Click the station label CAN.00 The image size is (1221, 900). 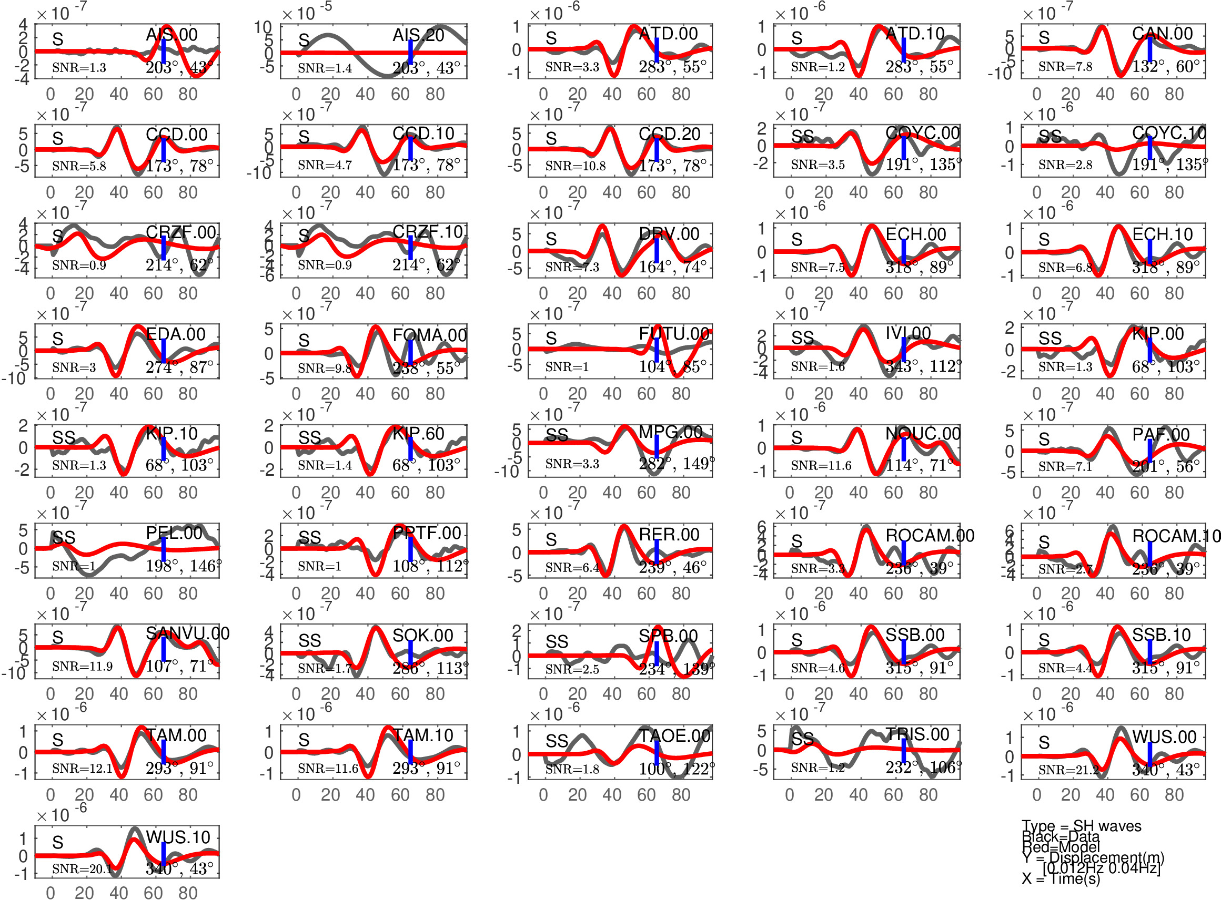(1162, 34)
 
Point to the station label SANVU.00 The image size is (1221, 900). (187, 633)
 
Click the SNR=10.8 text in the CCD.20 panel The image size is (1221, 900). (575, 166)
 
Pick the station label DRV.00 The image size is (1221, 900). (669, 234)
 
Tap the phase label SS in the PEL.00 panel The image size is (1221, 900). (64, 538)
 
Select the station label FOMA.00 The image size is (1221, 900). (429, 335)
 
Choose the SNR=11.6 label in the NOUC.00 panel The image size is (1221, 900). (821, 465)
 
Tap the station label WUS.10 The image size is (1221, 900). (178, 837)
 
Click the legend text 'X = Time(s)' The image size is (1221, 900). (1061, 879)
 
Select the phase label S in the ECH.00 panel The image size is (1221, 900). (797, 239)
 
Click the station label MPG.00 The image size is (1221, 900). (670, 432)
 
